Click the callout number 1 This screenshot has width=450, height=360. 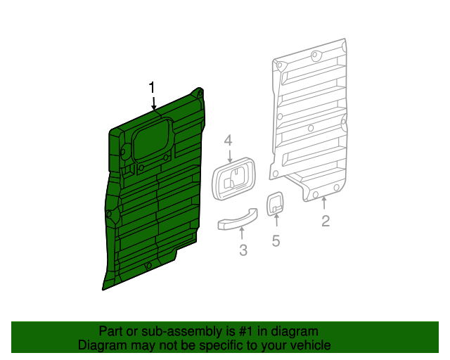click(151, 87)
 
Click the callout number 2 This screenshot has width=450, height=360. click(326, 222)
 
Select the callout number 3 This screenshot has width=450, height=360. click(243, 250)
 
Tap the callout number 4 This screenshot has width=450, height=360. click(228, 141)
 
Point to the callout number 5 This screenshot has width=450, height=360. click(276, 241)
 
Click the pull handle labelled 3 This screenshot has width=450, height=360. click(233, 224)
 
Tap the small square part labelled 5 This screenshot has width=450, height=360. click(275, 204)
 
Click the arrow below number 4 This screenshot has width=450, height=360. click(229, 156)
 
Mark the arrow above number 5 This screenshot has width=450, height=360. click(276, 226)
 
